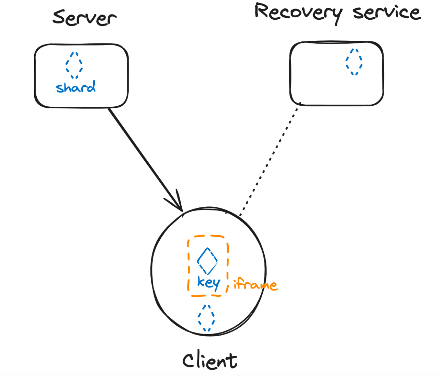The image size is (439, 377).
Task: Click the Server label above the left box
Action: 84,17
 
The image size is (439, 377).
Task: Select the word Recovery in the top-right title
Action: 299,13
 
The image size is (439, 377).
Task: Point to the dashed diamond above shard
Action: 74,65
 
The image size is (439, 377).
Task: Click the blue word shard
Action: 76,87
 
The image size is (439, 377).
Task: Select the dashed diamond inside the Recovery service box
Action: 354,62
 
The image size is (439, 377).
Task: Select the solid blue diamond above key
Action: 207,261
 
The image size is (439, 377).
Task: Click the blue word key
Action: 208,283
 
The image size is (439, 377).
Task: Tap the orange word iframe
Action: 255,285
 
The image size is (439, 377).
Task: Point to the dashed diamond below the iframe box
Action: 206,318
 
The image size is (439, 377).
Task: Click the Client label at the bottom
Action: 210,361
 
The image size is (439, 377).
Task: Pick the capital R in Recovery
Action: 263,11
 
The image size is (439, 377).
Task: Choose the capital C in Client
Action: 188,361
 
